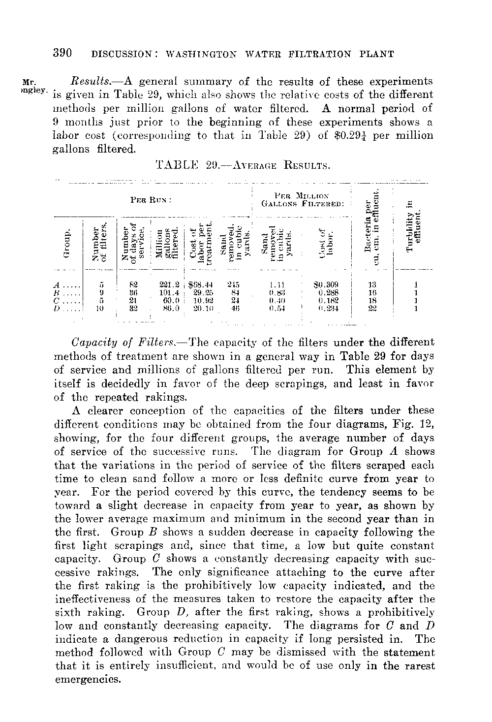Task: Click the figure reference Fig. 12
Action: coord(414,424)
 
